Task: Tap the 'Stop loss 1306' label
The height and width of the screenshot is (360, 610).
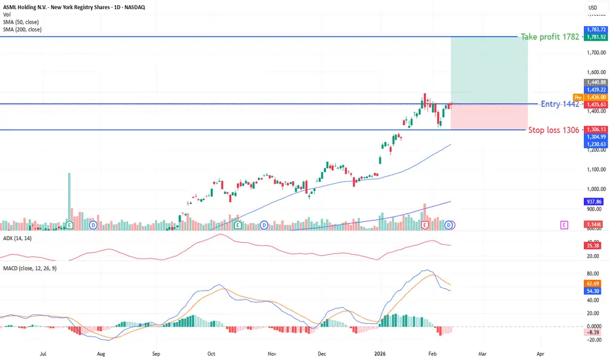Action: point(554,130)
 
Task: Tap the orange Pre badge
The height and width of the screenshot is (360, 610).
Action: point(577,97)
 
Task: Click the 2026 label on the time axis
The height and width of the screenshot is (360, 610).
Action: point(380,352)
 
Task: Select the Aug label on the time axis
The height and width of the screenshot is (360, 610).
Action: point(101,352)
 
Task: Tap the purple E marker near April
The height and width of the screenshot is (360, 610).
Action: point(564,225)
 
